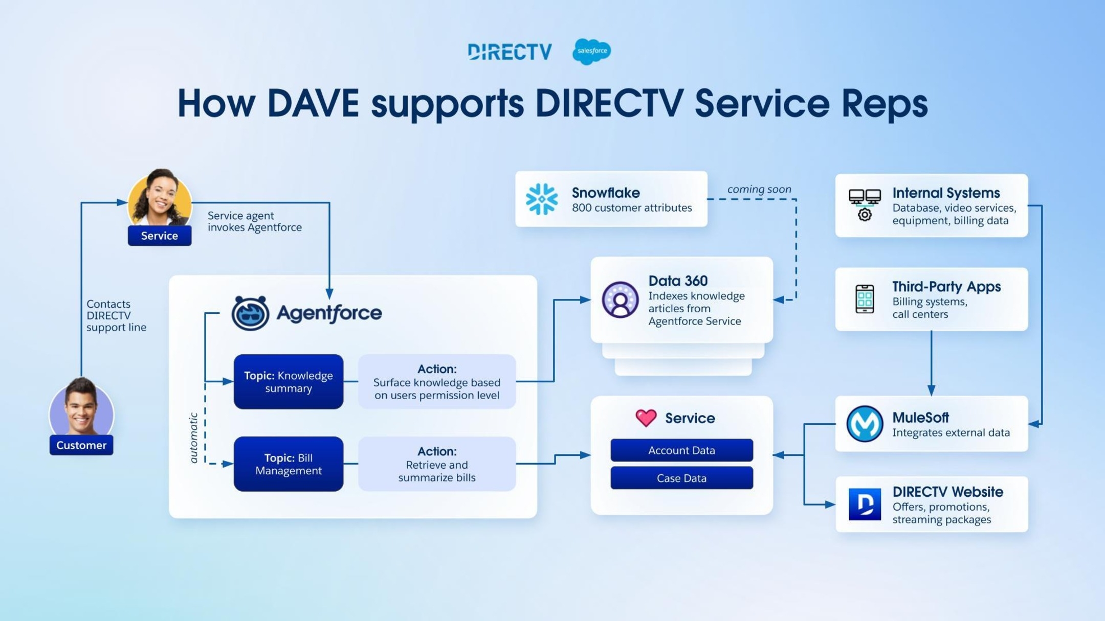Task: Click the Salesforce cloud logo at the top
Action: (591, 51)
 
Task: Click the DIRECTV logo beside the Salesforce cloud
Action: (510, 52)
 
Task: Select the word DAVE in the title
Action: (313, 103)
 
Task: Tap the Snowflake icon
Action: (542, 199)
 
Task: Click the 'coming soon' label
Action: (759, 189)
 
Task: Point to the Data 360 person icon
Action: (620, 300)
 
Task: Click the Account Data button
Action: (681, 450)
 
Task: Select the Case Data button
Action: (681, 478)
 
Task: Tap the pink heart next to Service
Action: (646, 418)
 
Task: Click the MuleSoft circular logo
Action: (865, 424)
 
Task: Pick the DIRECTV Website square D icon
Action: (865, 504)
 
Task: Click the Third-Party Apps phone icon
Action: (865, 299)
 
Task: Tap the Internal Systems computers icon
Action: (865, 204)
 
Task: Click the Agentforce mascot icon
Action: (250, 313)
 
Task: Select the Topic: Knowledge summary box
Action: (289, 382)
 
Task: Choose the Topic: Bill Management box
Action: (289, 464)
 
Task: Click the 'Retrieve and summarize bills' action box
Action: (437, 464)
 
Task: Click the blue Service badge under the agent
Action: (160, 236)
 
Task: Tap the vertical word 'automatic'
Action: (193, 438)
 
